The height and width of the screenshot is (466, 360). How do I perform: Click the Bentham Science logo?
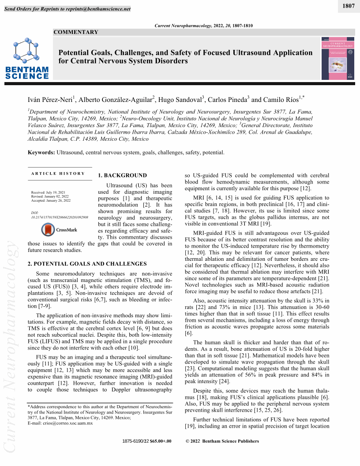point(27,59)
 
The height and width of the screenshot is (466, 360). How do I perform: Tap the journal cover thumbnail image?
point(338,58)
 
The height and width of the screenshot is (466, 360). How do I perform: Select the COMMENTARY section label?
point(76,32)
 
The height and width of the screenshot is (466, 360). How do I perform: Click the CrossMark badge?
point(59,229)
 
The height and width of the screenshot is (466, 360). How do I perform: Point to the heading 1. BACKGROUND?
point(122,176)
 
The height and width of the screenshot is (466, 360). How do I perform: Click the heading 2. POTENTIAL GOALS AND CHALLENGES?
point(87,264)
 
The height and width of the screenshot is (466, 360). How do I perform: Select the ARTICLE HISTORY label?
point(58,173)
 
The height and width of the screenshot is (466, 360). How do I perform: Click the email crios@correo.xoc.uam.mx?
point(60,423)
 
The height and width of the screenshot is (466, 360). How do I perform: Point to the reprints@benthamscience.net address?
point(101,9)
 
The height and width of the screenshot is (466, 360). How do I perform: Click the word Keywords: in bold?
point(41,153)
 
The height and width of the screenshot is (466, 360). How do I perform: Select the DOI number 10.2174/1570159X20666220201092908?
point(60,218)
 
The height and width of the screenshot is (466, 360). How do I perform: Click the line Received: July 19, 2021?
point(48,192)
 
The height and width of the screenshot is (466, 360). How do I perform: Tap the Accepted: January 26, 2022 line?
point(51,200)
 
